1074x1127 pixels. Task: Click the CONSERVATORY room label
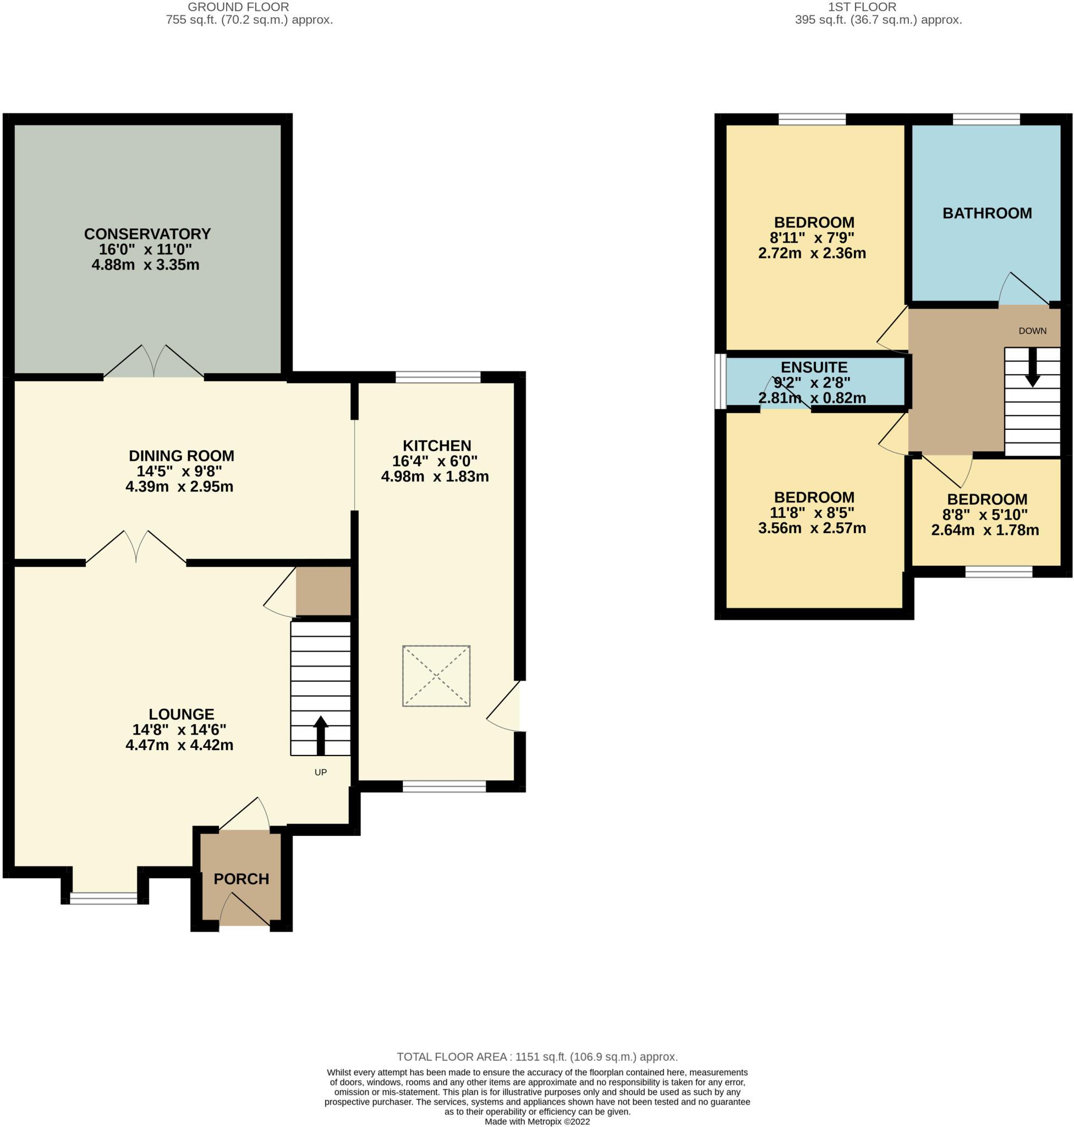[147, 234]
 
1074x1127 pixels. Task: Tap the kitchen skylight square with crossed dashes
[436, 676]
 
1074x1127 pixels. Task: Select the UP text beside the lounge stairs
[321, 772]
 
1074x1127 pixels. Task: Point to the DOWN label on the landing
[1032, 330]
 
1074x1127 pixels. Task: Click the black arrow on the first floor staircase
[1032, 366]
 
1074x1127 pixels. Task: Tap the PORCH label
[241, 878]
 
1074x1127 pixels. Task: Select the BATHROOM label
[987, 213]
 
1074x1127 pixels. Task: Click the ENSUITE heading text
[814, 367]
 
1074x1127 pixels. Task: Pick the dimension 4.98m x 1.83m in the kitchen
[435, 477]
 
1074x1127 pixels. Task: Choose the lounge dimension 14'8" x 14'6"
[179, 730]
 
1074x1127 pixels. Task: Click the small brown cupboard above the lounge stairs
[323, 591]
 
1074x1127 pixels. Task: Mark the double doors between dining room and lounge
[136, 548]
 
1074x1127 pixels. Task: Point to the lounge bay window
[103, 898]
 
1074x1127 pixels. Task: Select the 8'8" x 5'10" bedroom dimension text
[985, 515]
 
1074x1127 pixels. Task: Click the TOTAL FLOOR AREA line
[537, 1057]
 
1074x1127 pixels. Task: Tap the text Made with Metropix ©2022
[537, 1121]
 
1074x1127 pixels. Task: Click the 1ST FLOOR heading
[862, 7]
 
